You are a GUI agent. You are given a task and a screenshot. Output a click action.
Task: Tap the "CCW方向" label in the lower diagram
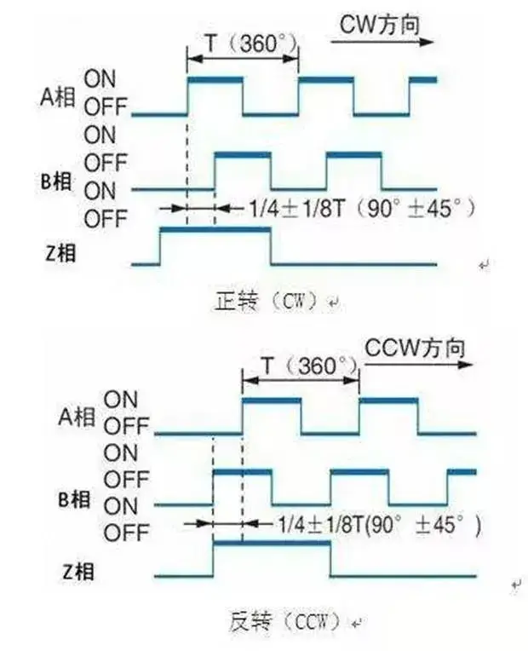[416, 349]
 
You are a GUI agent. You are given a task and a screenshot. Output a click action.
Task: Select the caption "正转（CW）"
[268, 301]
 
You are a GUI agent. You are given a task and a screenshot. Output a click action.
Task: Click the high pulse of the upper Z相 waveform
[215, 230]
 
